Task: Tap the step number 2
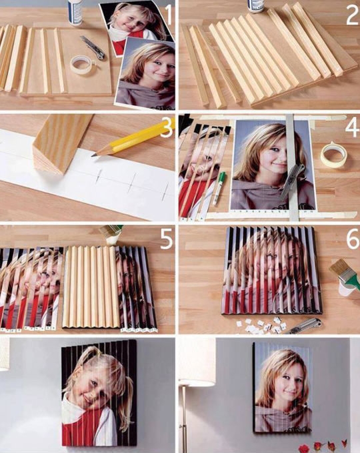[352, 15]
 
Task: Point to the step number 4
[353, 127]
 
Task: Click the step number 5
[167, 239]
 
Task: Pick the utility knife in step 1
[93, 47]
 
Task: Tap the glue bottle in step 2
[256, 6]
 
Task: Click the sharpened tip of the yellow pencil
[93, 155]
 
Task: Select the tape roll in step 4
[334, 155]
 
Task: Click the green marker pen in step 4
[219, 188]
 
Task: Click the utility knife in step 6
[303, 326]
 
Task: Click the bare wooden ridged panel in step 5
[91, 287]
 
